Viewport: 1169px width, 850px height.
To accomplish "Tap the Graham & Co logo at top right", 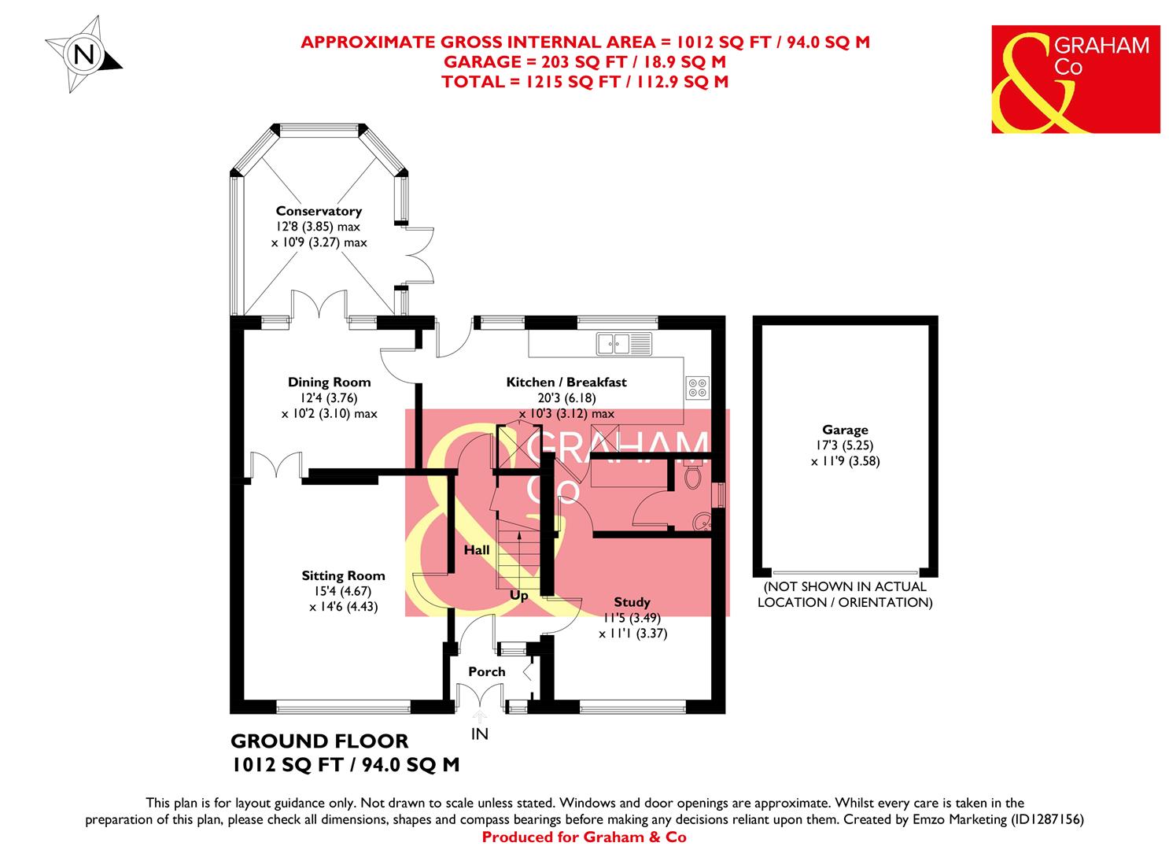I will [x=1075, y=79].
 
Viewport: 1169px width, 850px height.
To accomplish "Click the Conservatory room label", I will [x=319, y=211].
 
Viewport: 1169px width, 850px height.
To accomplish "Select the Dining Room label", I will [x=329, y=382].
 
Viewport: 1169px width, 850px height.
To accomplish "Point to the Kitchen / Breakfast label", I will [x=566, y=382].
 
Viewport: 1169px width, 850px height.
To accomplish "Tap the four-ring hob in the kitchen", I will [x=697, y=387].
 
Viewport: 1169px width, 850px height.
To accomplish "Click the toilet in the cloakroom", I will [x=693, y=476].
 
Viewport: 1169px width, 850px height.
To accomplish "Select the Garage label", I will [x=845, y=430].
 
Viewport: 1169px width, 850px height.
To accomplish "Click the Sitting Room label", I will [x=344, y=575].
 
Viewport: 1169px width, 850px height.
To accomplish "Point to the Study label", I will [x=632, y=602].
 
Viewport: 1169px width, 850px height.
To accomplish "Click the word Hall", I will [x=476, y=550].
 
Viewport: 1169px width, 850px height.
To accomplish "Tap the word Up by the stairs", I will [x=519, y=596].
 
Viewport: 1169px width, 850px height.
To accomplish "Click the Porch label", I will [x=486, y=671].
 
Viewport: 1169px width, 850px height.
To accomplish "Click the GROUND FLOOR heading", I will [x=319, y=741].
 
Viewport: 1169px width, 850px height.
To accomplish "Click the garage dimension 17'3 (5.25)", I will [x=845, y=445].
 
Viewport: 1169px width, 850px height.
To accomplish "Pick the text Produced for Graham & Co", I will [x=584, y=837].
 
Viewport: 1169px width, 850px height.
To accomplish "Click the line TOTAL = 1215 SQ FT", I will [x=584, y=81].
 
